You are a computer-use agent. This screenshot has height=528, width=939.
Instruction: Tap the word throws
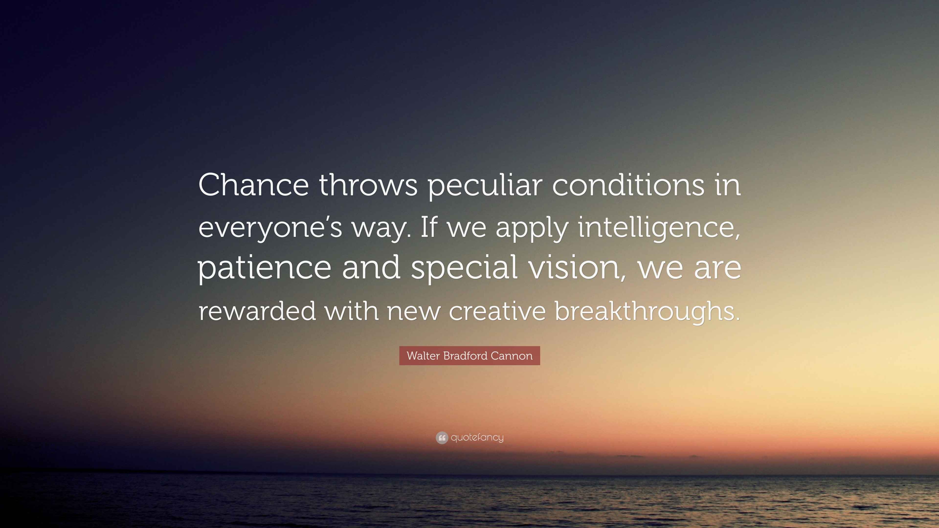[x=368, y=185]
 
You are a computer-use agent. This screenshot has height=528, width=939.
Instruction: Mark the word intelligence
[x=659, y=229]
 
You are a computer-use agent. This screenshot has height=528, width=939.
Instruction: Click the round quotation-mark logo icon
[x=442, y=438]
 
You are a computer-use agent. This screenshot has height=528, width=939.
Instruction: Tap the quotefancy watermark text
[x=477, y=438]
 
